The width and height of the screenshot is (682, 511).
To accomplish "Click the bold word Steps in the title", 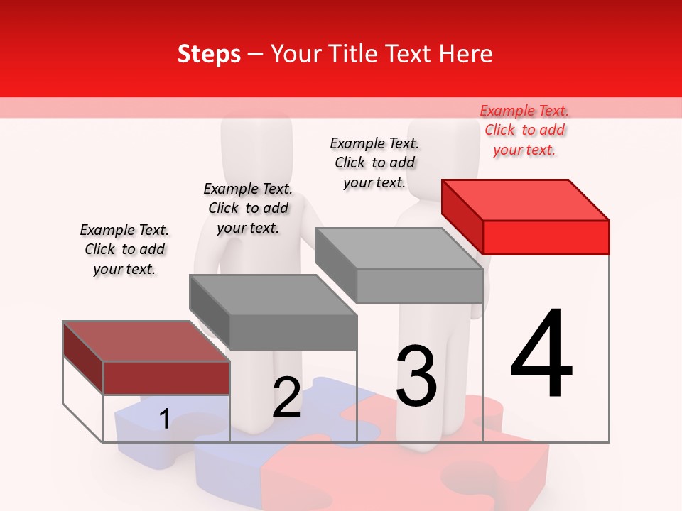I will pyautogui.click(x=209, y=54).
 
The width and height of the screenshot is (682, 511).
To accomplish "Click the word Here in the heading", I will pyautogui.click(x=465, y=54).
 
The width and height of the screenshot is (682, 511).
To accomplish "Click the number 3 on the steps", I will pyautogui.click(x=416, y=375).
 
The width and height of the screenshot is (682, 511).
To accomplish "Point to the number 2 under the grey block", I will pyautogui.click(x=286, y=397).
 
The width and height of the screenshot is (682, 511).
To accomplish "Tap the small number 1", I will pyautogui.click(x=164, y=419).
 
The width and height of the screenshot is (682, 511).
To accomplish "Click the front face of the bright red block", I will pyautogui.click(x=546, y=237).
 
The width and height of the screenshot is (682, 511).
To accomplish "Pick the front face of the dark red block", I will pyautogui.click(x=166, y=378).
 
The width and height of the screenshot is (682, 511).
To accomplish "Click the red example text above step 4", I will pyautogui.click(x=524, y=130).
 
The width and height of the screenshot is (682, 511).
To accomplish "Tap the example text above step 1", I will pyautogui.click(x=124, y=249).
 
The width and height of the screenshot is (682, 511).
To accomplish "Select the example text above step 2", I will pyautogui.click(x=248, y=208).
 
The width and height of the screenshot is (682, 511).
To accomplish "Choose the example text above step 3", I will pyautogui.click(x=374, y=163).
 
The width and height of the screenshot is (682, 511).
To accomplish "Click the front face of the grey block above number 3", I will pyautogui.click(x=419, y=286).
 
